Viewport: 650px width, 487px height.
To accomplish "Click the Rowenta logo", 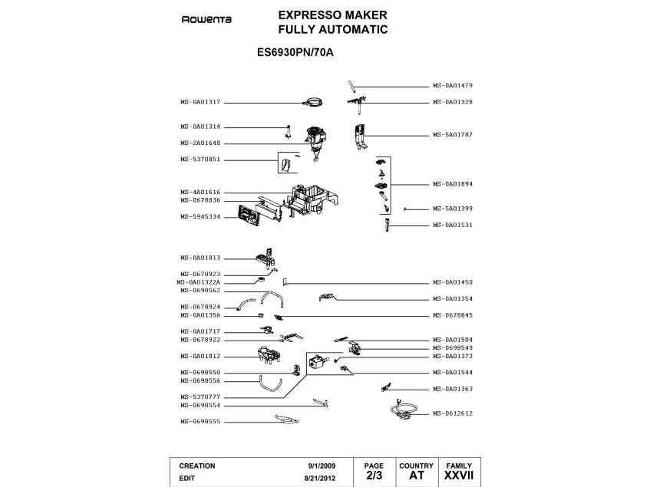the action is click(x=206, y=19).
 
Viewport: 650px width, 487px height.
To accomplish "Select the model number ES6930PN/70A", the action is click(x=295, y=53).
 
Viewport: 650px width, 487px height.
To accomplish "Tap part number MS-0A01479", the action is click(x=453, y=86).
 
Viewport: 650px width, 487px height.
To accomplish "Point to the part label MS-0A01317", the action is click(x=200, y=102).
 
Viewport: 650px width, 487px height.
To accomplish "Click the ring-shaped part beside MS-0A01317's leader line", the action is click(x=312, y=102).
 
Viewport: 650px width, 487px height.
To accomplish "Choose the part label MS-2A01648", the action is click(x=200, y=143).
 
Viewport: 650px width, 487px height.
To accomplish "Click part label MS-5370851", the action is click(x=200, y=160).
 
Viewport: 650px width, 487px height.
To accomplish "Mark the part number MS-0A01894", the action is click(x=453, y=184).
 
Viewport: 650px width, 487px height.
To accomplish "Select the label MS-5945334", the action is click(x=200, y=217).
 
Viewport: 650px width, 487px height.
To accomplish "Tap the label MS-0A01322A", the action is click(x=199, y=282).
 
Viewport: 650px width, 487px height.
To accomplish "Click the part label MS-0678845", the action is click(x=453, y=315).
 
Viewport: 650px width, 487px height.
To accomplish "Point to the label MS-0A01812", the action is click(x=200, y=357).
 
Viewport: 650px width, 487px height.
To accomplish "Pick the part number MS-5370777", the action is click(x=200, y=397).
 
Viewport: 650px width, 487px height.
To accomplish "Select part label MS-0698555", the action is click(x=200, y=422).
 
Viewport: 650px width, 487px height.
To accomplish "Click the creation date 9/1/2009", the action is click(x=322, y=466).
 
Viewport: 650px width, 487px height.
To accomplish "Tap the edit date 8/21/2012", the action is click(x=319, y=479).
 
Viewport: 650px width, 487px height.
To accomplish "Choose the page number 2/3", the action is click(x=374, y=475).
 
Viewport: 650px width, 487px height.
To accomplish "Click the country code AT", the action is click(x=417, y=475).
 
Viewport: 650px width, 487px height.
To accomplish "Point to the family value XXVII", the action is click(x=458, y=475).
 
